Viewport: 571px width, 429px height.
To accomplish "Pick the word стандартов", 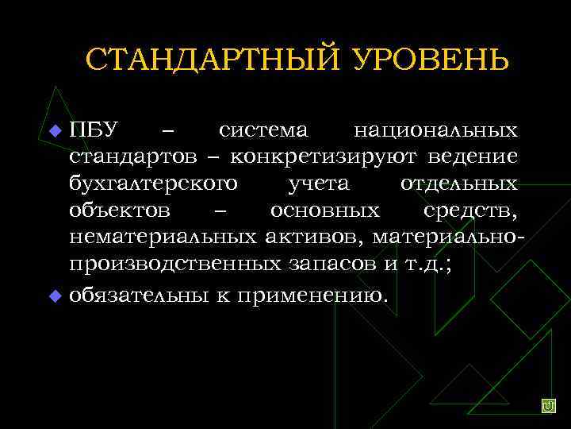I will (132, 156).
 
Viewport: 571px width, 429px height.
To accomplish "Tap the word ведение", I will (476, 156).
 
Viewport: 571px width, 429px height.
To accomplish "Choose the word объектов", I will (119, 211).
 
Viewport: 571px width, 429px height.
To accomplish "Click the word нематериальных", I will (163, 238).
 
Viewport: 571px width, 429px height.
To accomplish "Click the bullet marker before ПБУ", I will (55, 129).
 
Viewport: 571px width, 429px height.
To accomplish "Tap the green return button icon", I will (548, 406).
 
